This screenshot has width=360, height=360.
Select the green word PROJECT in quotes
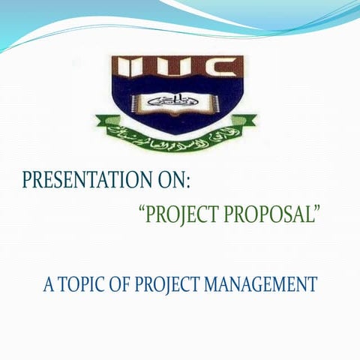coord(184,214)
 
